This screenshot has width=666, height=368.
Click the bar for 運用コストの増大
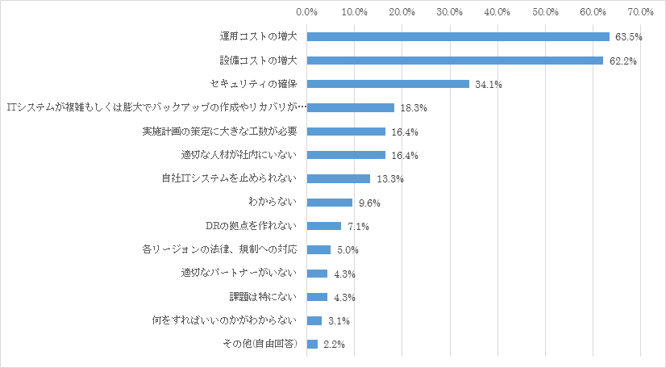[x=458, y=36]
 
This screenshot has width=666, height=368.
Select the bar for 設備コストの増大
[x=455, y=61]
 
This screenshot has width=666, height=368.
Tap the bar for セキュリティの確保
[x=388, y=84]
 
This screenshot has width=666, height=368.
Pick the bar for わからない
[x=330, y=203]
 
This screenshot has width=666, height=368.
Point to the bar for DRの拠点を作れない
[x=324, y=226]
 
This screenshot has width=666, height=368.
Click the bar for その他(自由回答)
[x=312, y=345]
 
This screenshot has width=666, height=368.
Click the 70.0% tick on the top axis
[x=641, y=12]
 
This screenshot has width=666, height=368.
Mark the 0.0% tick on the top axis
[x=307, y=12]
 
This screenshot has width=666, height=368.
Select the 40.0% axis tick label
[x=497, y=12]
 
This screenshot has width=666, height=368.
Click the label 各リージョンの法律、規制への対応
[x=220, y=249]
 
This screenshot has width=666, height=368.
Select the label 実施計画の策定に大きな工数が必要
[x=220, y=132]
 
